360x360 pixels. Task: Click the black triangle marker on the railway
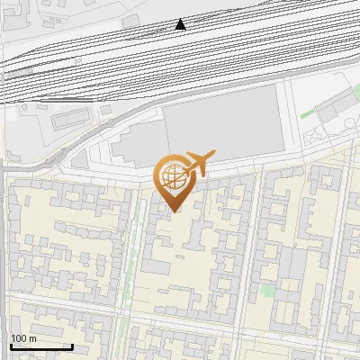click(x=181, y=24)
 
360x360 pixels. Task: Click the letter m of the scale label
click(x=33, y=338)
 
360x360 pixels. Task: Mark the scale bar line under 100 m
click(x=41, y=346)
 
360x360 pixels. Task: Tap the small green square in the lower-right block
click(x=267, y=292)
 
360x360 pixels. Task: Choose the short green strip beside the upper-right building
click(x=309, y=113)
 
